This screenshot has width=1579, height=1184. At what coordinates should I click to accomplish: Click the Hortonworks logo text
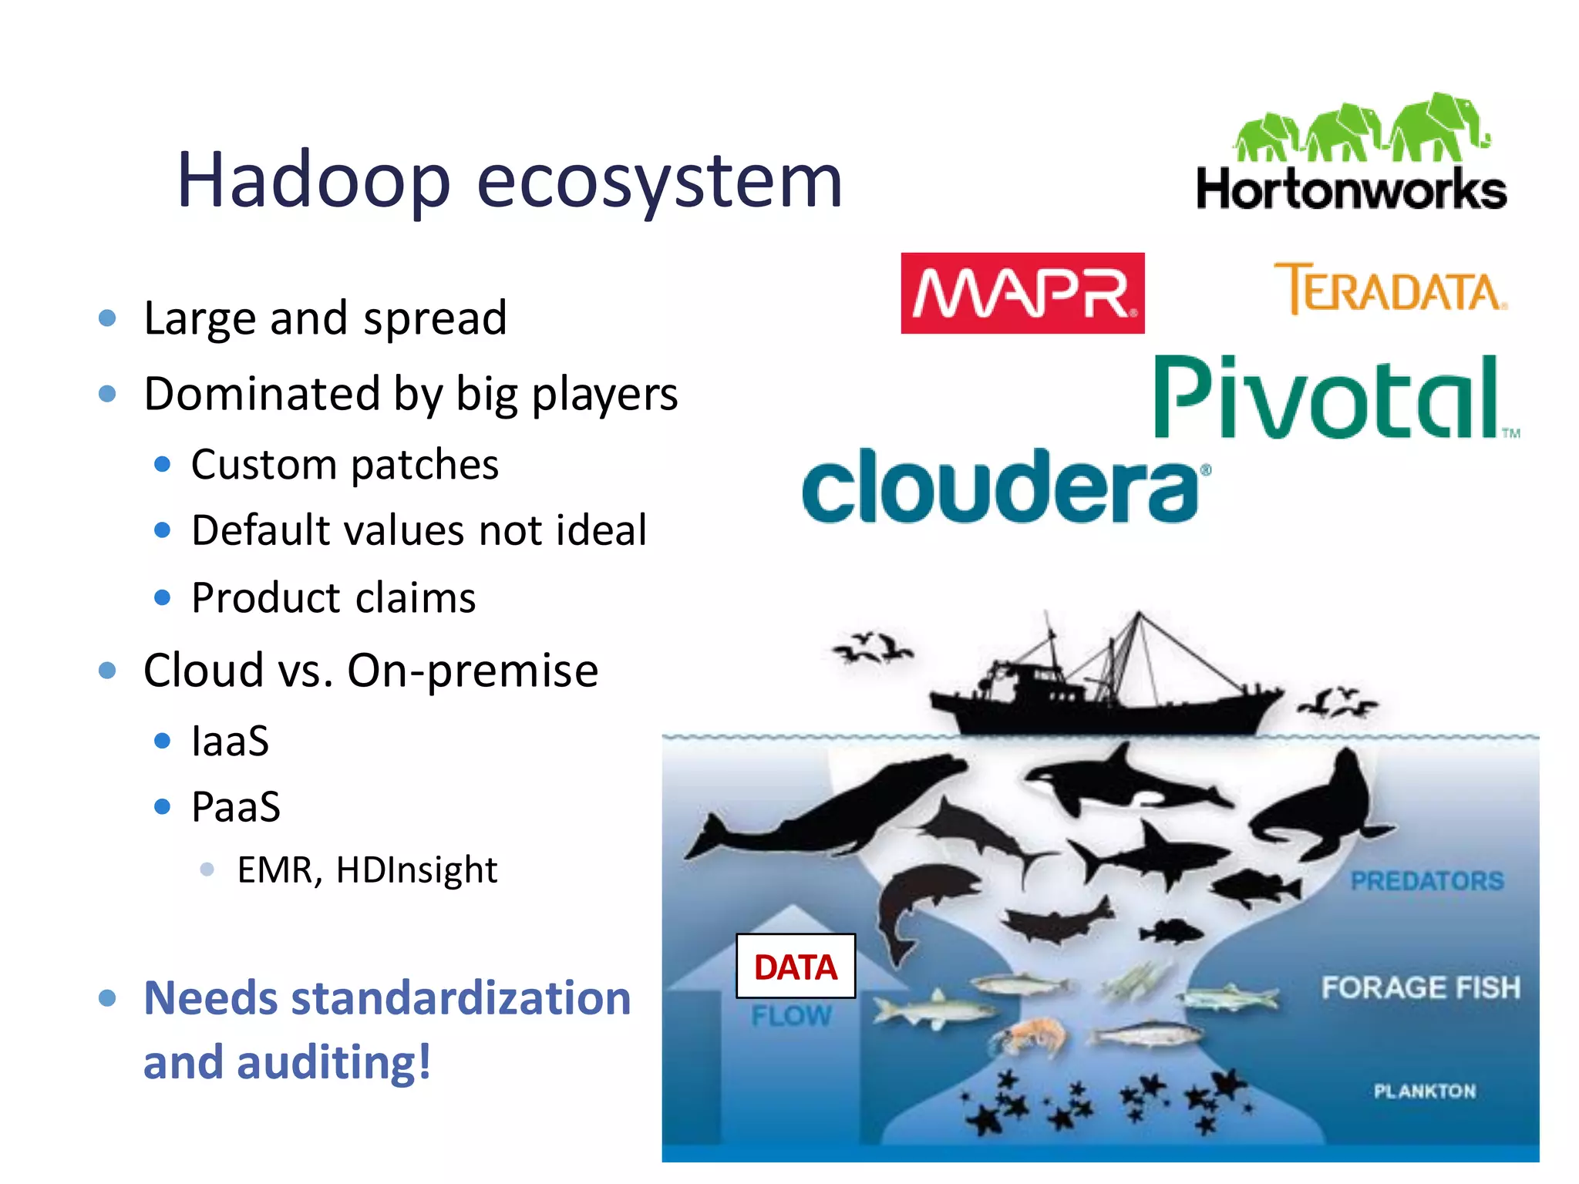tap(1351, 190)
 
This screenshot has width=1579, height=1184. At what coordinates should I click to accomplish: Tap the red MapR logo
tap(1022, 293)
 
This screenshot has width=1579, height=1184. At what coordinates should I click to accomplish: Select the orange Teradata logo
tap(1390, 289)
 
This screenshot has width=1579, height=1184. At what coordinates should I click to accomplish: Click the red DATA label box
tap(796, 967)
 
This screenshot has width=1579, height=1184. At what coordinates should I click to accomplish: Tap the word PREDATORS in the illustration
tap(1426, 880)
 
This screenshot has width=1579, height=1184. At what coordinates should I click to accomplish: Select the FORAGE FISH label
tap(1420, 987)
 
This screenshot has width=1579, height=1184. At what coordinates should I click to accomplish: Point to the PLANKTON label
tap(1424, 1091)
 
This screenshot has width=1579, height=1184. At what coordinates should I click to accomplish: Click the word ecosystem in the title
tap(659, 181)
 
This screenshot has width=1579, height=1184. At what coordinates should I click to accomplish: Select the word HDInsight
tap(416, 870)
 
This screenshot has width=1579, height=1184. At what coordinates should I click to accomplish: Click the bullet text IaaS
tap(230, 742)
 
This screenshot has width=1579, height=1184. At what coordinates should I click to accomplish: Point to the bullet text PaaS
tap(235, 807)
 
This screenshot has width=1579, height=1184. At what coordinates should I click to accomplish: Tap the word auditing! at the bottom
tap(333, 1062)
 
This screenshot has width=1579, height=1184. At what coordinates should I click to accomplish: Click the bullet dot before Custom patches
tap(162, 464)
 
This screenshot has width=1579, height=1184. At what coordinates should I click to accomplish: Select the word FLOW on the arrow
tap(791, 1016)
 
